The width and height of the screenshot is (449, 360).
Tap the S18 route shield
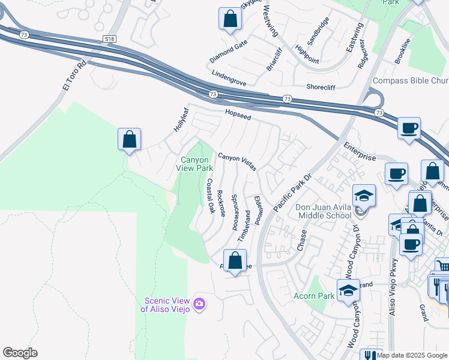[x=109, y=39]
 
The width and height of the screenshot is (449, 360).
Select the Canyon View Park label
[x=195, y=164]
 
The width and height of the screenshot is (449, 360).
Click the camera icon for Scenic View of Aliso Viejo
[x=199, y=305]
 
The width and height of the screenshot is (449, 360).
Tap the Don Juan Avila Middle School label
[x=323, y=211]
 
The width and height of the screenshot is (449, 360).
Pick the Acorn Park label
[x=313, y=296]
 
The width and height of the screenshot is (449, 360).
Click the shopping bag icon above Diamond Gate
[x=230, y=19]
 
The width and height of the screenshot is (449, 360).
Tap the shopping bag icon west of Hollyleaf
[x=129, y=140]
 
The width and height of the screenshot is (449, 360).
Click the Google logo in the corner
[x=20, y=353]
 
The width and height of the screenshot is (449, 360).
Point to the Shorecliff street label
[x=324, y=86]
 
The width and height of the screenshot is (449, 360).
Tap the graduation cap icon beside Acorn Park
[x=348, y=291]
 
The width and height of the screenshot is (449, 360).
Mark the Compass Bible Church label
[x=411, y=81]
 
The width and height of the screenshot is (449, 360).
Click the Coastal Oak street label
[x=211, y=196]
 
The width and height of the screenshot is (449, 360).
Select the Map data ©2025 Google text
[x=412, y=355]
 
